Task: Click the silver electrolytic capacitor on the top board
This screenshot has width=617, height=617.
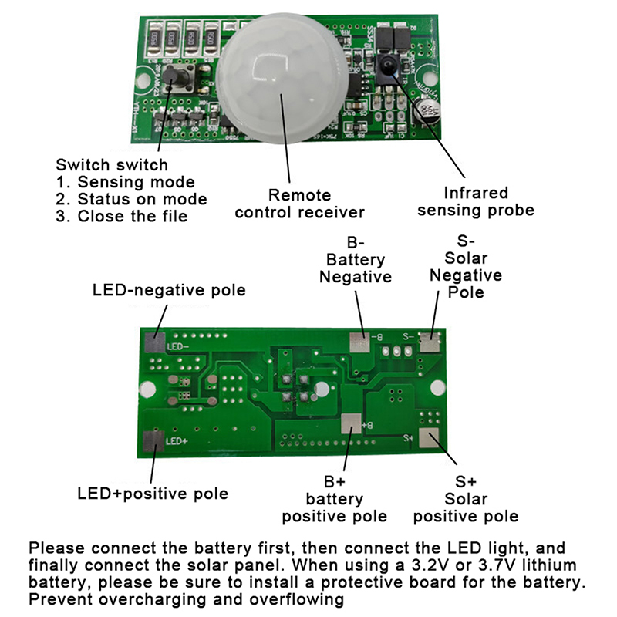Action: [427, 109]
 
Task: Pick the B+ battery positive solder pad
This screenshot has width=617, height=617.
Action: [351, 423]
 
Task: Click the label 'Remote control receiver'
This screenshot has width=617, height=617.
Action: [299, 204]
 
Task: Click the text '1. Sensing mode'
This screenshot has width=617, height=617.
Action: [126, 182]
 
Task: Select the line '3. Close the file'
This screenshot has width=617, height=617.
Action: [122, 216]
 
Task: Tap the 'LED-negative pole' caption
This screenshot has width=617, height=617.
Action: [169, 290]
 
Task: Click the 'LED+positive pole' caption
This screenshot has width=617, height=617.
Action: [153, 493]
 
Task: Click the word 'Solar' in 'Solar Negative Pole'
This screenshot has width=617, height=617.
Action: [466, 258]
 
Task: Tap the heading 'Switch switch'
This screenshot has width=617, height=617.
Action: [112, 164]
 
